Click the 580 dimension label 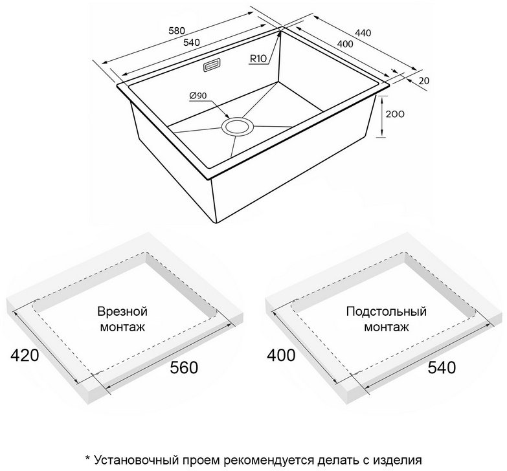[177, 30]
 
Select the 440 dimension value [363, 33]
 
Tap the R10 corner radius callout [258, 59]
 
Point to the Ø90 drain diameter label [198, 96]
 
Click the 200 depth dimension [395, 114]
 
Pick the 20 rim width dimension [423, 80]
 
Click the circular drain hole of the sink [238, 126]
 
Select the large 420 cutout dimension [25, 355]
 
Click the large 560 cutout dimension [184, 367]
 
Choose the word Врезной [122, 312]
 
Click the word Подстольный [387, 312]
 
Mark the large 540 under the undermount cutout [442, 367]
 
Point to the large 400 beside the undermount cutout [281, 355]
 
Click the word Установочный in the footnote [137, 460]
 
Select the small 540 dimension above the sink [192, 42]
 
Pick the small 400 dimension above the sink [344, 43]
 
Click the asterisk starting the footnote [87, 458]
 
